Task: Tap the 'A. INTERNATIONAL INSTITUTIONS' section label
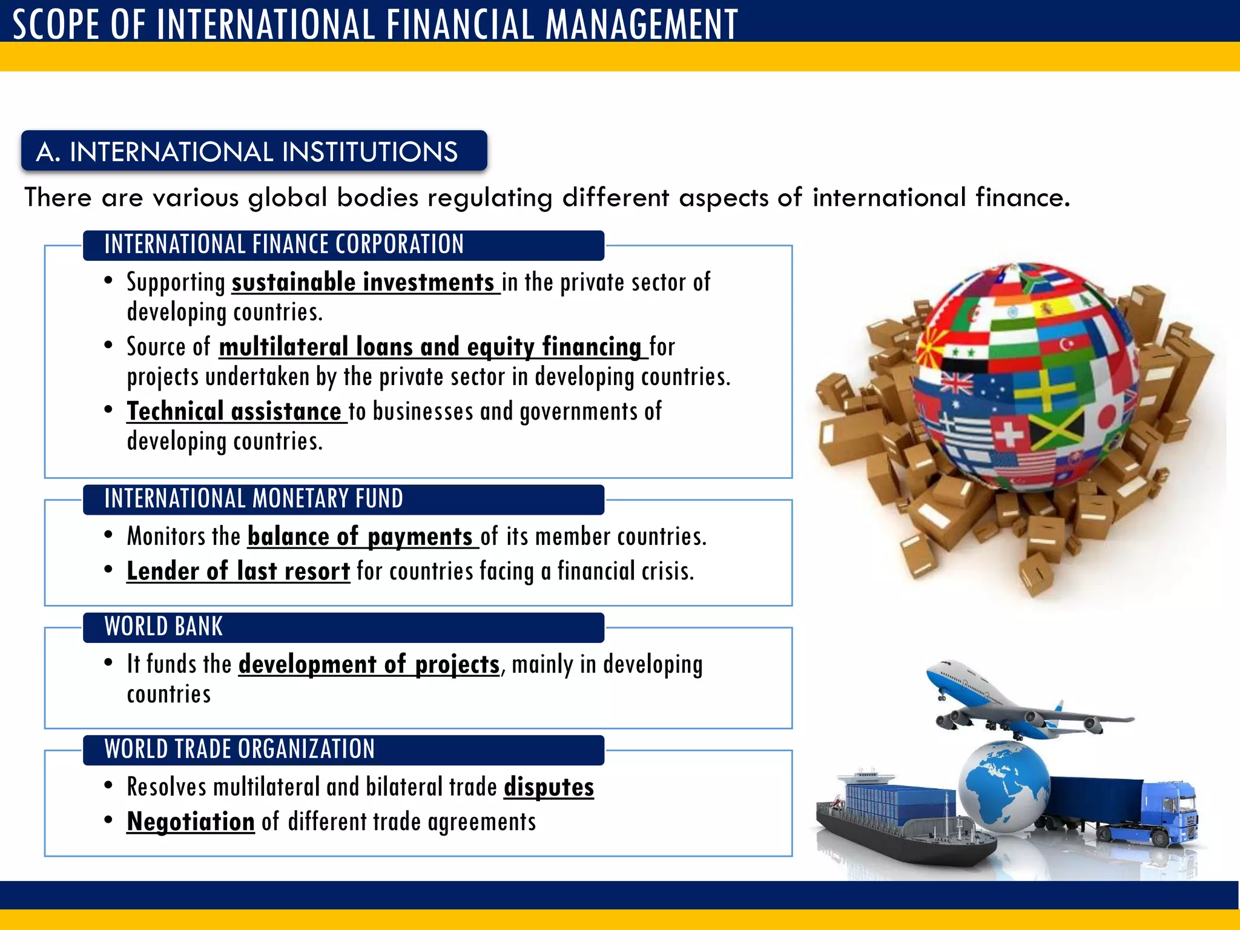(247, 151)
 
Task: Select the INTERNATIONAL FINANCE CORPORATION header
(283, 245)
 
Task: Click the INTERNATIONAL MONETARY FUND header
(253, 499)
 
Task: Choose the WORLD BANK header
(163, 627)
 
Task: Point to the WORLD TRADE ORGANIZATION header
(239, 750)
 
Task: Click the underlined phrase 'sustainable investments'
(363, 283)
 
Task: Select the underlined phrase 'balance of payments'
(360, 537)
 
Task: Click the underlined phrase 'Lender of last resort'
(238, 572)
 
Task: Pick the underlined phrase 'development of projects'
(369, 665)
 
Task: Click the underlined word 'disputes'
(549, 787)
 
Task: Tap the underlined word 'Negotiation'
(191, 822)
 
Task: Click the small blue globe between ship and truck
(1005, 784)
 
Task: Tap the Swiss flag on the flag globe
(1010, 434)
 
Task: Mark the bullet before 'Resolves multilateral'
(108, 786)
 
